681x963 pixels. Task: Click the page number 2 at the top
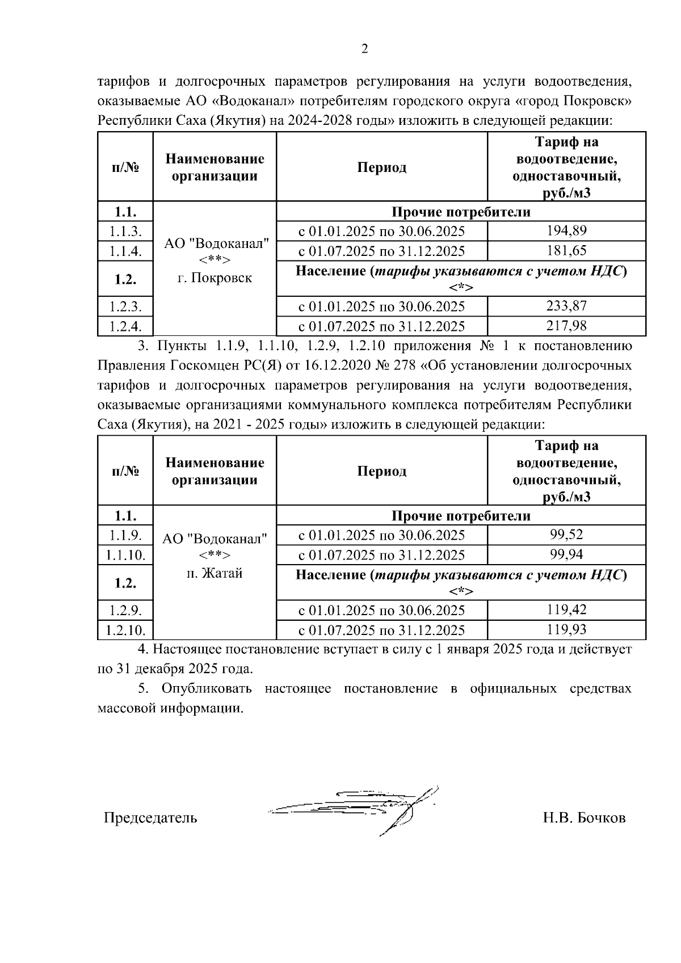tap(365, 49)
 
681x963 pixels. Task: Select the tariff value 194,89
tap(566, 231)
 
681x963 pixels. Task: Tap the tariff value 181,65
tap(566, 251)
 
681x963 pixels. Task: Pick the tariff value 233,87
tap(566, 306)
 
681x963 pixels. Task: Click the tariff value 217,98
tap(566, 326)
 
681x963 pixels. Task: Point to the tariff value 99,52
tap(566, 535)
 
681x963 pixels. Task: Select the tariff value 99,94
tap(566, 554)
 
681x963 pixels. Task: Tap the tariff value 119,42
tap(566, 610)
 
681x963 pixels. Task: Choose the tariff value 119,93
tap(566, 630)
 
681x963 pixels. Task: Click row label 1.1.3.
tap(125, 231)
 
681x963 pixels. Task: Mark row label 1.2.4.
tap(125, 326)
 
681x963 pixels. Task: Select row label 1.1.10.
tap(125, 555)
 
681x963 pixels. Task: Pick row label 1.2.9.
tap(125, 611)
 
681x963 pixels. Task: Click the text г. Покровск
tap(215, 278)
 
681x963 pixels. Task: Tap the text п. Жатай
tap(215, 573)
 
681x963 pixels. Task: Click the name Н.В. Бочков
tap(584, 818)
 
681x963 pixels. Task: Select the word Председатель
tap(150, 818)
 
